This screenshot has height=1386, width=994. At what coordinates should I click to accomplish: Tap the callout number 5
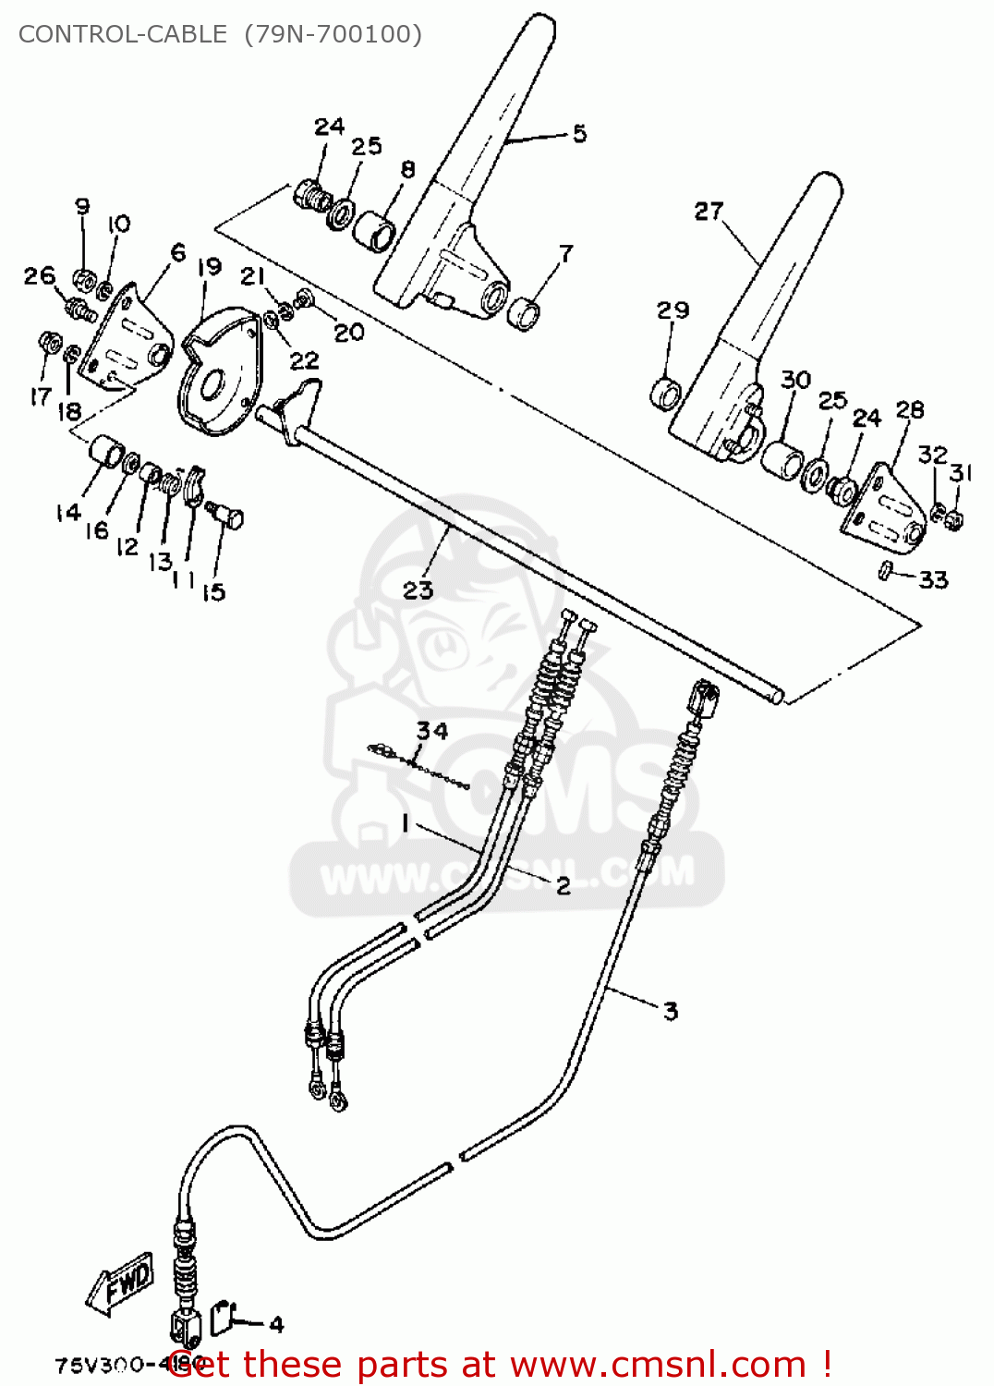(x=579, y=134)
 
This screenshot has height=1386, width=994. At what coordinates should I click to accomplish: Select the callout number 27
(x=709, y=212)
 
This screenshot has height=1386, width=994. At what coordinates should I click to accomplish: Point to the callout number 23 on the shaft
(x=418, y=590)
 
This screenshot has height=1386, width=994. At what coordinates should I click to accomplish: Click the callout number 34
(x=431, y=731)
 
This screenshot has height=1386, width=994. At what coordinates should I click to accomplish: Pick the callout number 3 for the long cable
(x=671, y=1011)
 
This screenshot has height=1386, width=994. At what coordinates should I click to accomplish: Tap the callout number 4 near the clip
(x=276, y=1324)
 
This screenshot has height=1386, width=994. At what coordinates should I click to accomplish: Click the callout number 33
(x=933, y=579)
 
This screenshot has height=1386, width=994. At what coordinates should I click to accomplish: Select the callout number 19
(x=210, y=267)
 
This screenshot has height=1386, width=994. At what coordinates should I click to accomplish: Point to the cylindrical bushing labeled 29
(x=667, y=393)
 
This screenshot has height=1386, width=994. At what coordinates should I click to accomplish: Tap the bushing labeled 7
(x=526, y=311)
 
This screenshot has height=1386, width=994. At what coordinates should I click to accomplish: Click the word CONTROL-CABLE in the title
(x=122, y=34)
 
